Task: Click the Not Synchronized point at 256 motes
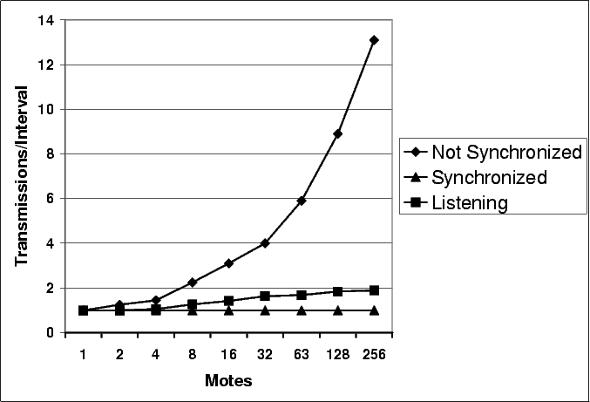(374, 40)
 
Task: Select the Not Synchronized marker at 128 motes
(337, 133)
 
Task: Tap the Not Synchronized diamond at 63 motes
(302, 201)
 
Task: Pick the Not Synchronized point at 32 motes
(265, 243)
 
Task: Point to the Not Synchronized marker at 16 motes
(228, 263)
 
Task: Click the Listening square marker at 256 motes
(374, 290)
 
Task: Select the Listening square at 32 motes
(265, 296)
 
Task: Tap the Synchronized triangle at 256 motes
(374, 310)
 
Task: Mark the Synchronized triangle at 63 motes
(302, 310)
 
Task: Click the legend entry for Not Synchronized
(492, 153)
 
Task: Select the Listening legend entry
(463, 202)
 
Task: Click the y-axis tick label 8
(51, 154)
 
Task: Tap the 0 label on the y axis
(51, 333)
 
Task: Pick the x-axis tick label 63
(302, 355)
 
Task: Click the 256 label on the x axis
(374, 355)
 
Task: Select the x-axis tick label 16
(228, 355)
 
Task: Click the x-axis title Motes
(228, 381)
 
